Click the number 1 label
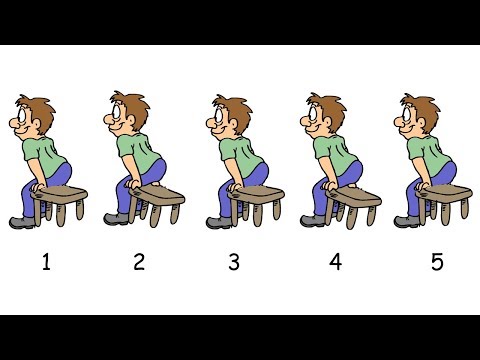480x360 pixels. (x=45, y=263)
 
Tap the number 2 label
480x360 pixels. (x=139, y=263)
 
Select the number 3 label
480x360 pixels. (x=234, y=263)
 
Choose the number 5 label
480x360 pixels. (x=435, y=263)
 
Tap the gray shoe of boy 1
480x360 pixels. (x=20, y=222)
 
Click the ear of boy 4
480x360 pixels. (x=327, y=121)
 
